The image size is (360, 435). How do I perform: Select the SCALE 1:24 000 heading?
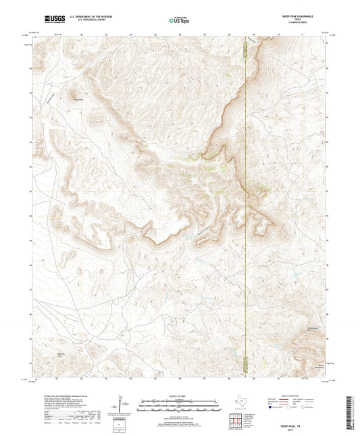tap(180, 396)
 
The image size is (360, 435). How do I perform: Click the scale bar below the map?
tap(180, 405)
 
